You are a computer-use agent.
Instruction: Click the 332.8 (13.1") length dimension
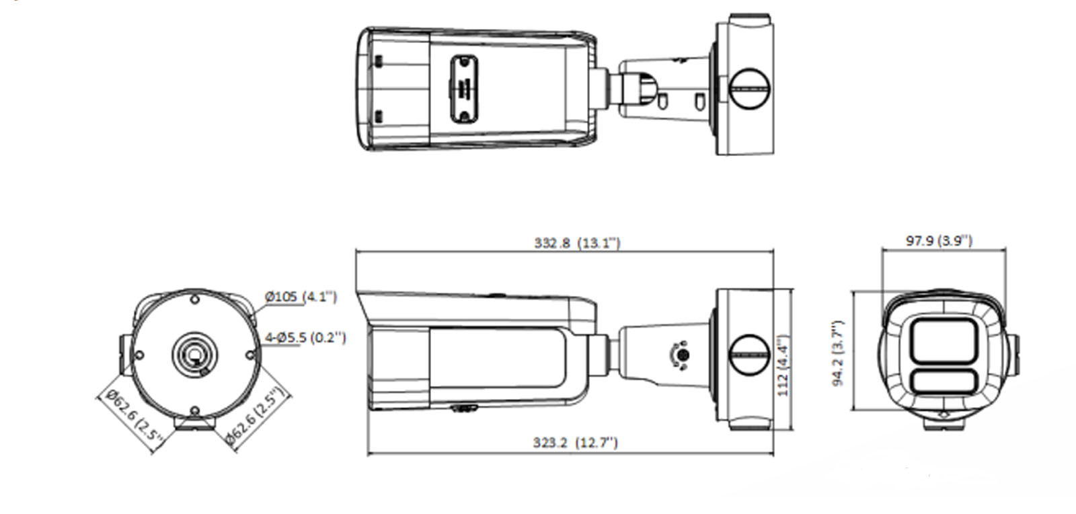click(x=577, y=243)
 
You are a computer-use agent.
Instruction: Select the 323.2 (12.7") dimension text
click(x=575, y=442)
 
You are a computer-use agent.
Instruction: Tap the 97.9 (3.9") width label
click(x=938, y=240)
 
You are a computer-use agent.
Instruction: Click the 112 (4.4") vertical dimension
click(x=783, y=365)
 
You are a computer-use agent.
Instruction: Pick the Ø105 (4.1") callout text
click(x=300, y=296)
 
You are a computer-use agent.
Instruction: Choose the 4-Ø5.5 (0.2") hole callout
click(x=306, y=337)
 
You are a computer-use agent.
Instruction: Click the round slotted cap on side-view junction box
click(x=748, y=354)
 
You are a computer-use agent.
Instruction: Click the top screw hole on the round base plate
click(x=194, y=299)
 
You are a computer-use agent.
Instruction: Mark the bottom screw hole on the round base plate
click(x=194, y=410)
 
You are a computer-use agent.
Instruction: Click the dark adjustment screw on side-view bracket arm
click(x=681, y=354)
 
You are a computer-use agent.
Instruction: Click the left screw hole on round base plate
click(x=139, y=355)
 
